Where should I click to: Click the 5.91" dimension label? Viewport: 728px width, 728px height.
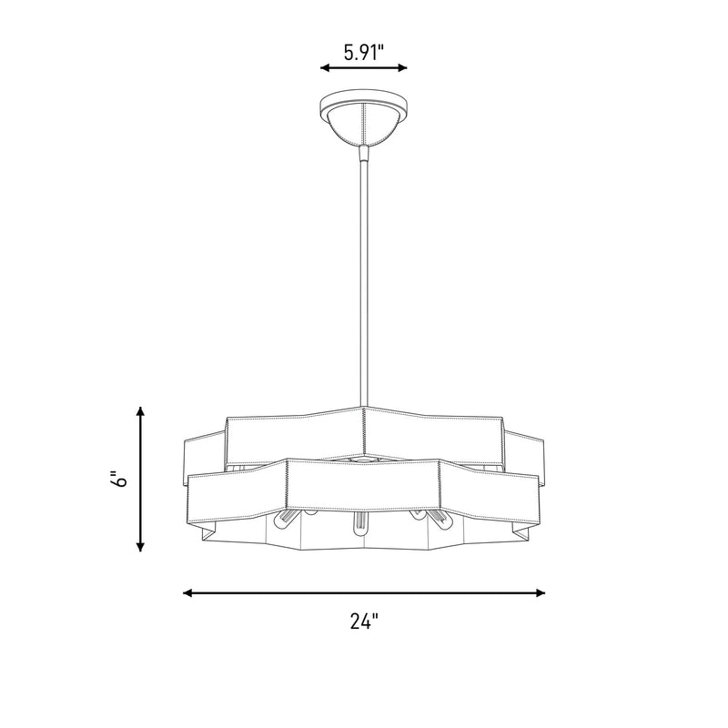[x=364, y=53]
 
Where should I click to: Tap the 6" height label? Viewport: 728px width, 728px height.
[x=119, y=480]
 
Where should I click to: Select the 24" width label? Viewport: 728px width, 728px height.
[x=364, y=621]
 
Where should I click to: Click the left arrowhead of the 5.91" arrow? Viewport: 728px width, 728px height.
[x=325, y=67]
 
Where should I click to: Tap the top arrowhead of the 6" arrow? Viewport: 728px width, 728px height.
[x=140, y=411]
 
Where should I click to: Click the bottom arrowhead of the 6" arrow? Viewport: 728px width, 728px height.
[x=140, y=547]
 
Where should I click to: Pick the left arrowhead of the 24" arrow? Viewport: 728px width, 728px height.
[x=188, y=593]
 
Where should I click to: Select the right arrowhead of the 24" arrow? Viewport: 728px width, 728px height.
[x=540, y=593]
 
